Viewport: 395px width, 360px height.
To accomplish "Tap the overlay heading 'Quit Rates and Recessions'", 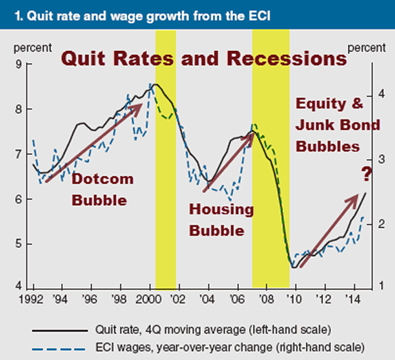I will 203,59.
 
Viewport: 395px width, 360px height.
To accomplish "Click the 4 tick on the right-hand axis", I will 364,94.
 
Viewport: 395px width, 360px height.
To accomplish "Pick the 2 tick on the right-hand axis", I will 364,224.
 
